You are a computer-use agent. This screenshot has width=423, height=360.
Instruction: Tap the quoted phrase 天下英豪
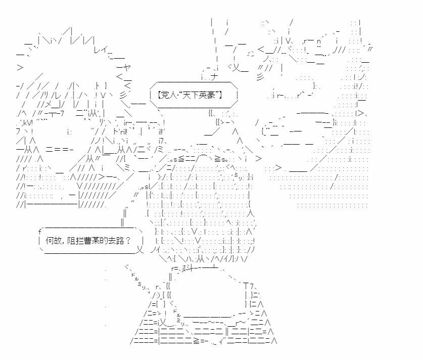pos(199,95)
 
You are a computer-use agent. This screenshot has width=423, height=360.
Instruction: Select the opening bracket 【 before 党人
pos(159,95)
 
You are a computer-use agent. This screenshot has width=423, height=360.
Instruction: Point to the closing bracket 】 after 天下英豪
pos(220,95)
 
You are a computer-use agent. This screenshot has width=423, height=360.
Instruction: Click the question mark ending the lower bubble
pos(128,241)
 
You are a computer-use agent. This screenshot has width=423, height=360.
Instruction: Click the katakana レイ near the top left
pos(101,50)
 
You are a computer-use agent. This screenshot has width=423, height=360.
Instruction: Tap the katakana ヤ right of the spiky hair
pos(127,67)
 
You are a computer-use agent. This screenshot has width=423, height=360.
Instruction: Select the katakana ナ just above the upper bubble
pos(214,77)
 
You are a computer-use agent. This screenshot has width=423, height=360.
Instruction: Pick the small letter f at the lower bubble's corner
pos(40,232)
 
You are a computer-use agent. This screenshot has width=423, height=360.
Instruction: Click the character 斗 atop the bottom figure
pos(190,268)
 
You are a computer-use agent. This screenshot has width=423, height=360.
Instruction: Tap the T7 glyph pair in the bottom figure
pos(249,286)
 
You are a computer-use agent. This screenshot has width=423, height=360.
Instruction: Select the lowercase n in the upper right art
pos(319,41)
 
